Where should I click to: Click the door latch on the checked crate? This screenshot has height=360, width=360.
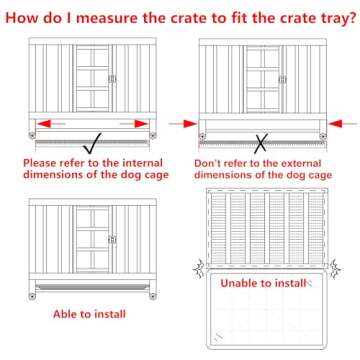pyautogui.click(x=112, y=79)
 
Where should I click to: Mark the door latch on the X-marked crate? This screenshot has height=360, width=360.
pyautogui.click(x=282, y=79)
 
